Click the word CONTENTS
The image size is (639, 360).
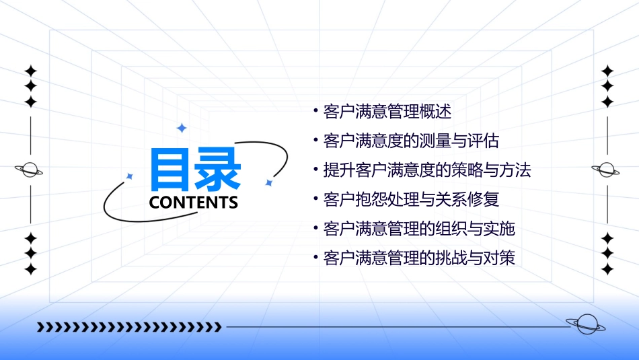pos(193,202)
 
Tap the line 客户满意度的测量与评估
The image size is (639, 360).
pos(410,141)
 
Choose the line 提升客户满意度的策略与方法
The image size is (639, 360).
pos(426,170)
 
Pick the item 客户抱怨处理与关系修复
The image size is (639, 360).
pos(410,200)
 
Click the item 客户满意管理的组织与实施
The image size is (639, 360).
pos(418,229)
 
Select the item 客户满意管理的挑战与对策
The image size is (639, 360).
pos(418,258)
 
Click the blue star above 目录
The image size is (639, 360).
pos(181,128)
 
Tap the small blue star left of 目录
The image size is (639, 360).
pos(130,176)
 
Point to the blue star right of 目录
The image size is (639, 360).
pos(268,182)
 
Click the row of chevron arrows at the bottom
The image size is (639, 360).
pos(128,327)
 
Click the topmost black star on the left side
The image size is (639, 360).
pos(30,70)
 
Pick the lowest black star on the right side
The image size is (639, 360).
pos(607,270)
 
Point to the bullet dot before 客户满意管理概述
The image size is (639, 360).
pos(315,110)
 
